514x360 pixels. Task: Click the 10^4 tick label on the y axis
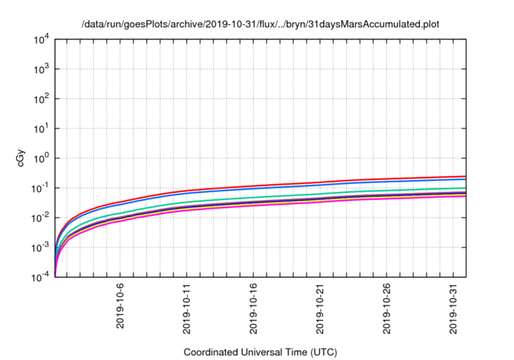(x=42, y=39)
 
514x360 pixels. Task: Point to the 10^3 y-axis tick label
(x=42, y=69)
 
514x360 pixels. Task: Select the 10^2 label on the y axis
(x=42, y=99)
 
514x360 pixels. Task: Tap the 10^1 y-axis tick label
(x=42, y=128)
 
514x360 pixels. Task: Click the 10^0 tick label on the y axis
(x=42, y=157)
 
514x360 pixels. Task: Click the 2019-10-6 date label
(x=120, y=306)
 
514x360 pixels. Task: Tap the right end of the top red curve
(x=465, y=177)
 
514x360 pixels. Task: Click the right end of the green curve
(x=465, y=188)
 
